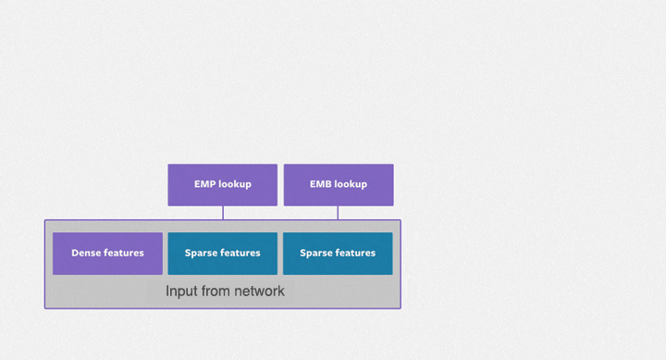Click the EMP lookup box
(222, 184)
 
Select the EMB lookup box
(338, 184)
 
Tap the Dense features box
(107, 253)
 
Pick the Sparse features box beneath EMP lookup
(222, 253)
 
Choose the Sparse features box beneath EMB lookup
(338, 253)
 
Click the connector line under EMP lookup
(223, 213)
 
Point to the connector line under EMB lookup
(338, 213)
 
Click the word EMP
(204, 184)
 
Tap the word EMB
(320, 184)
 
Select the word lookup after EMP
(235, 184)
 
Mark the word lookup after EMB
(351, 184)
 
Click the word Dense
(86, 253)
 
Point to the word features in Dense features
(124, 253)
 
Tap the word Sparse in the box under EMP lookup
(201, 253)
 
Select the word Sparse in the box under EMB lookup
(316, 253)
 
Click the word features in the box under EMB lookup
(356, 253)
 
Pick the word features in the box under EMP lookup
(240, 253)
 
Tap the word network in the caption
(259, 292)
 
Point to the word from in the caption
(216, 292)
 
